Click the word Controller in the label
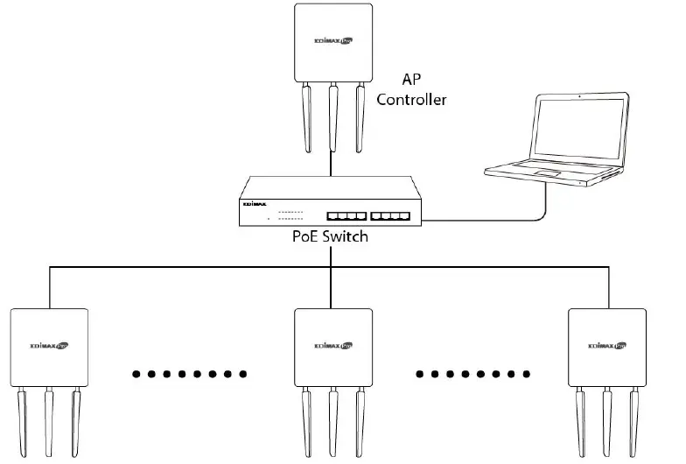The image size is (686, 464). (411, 100)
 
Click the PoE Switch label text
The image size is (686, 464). (331, 236)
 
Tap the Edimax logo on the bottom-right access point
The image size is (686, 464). (607, 344)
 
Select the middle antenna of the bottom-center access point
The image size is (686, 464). (332, 420)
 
